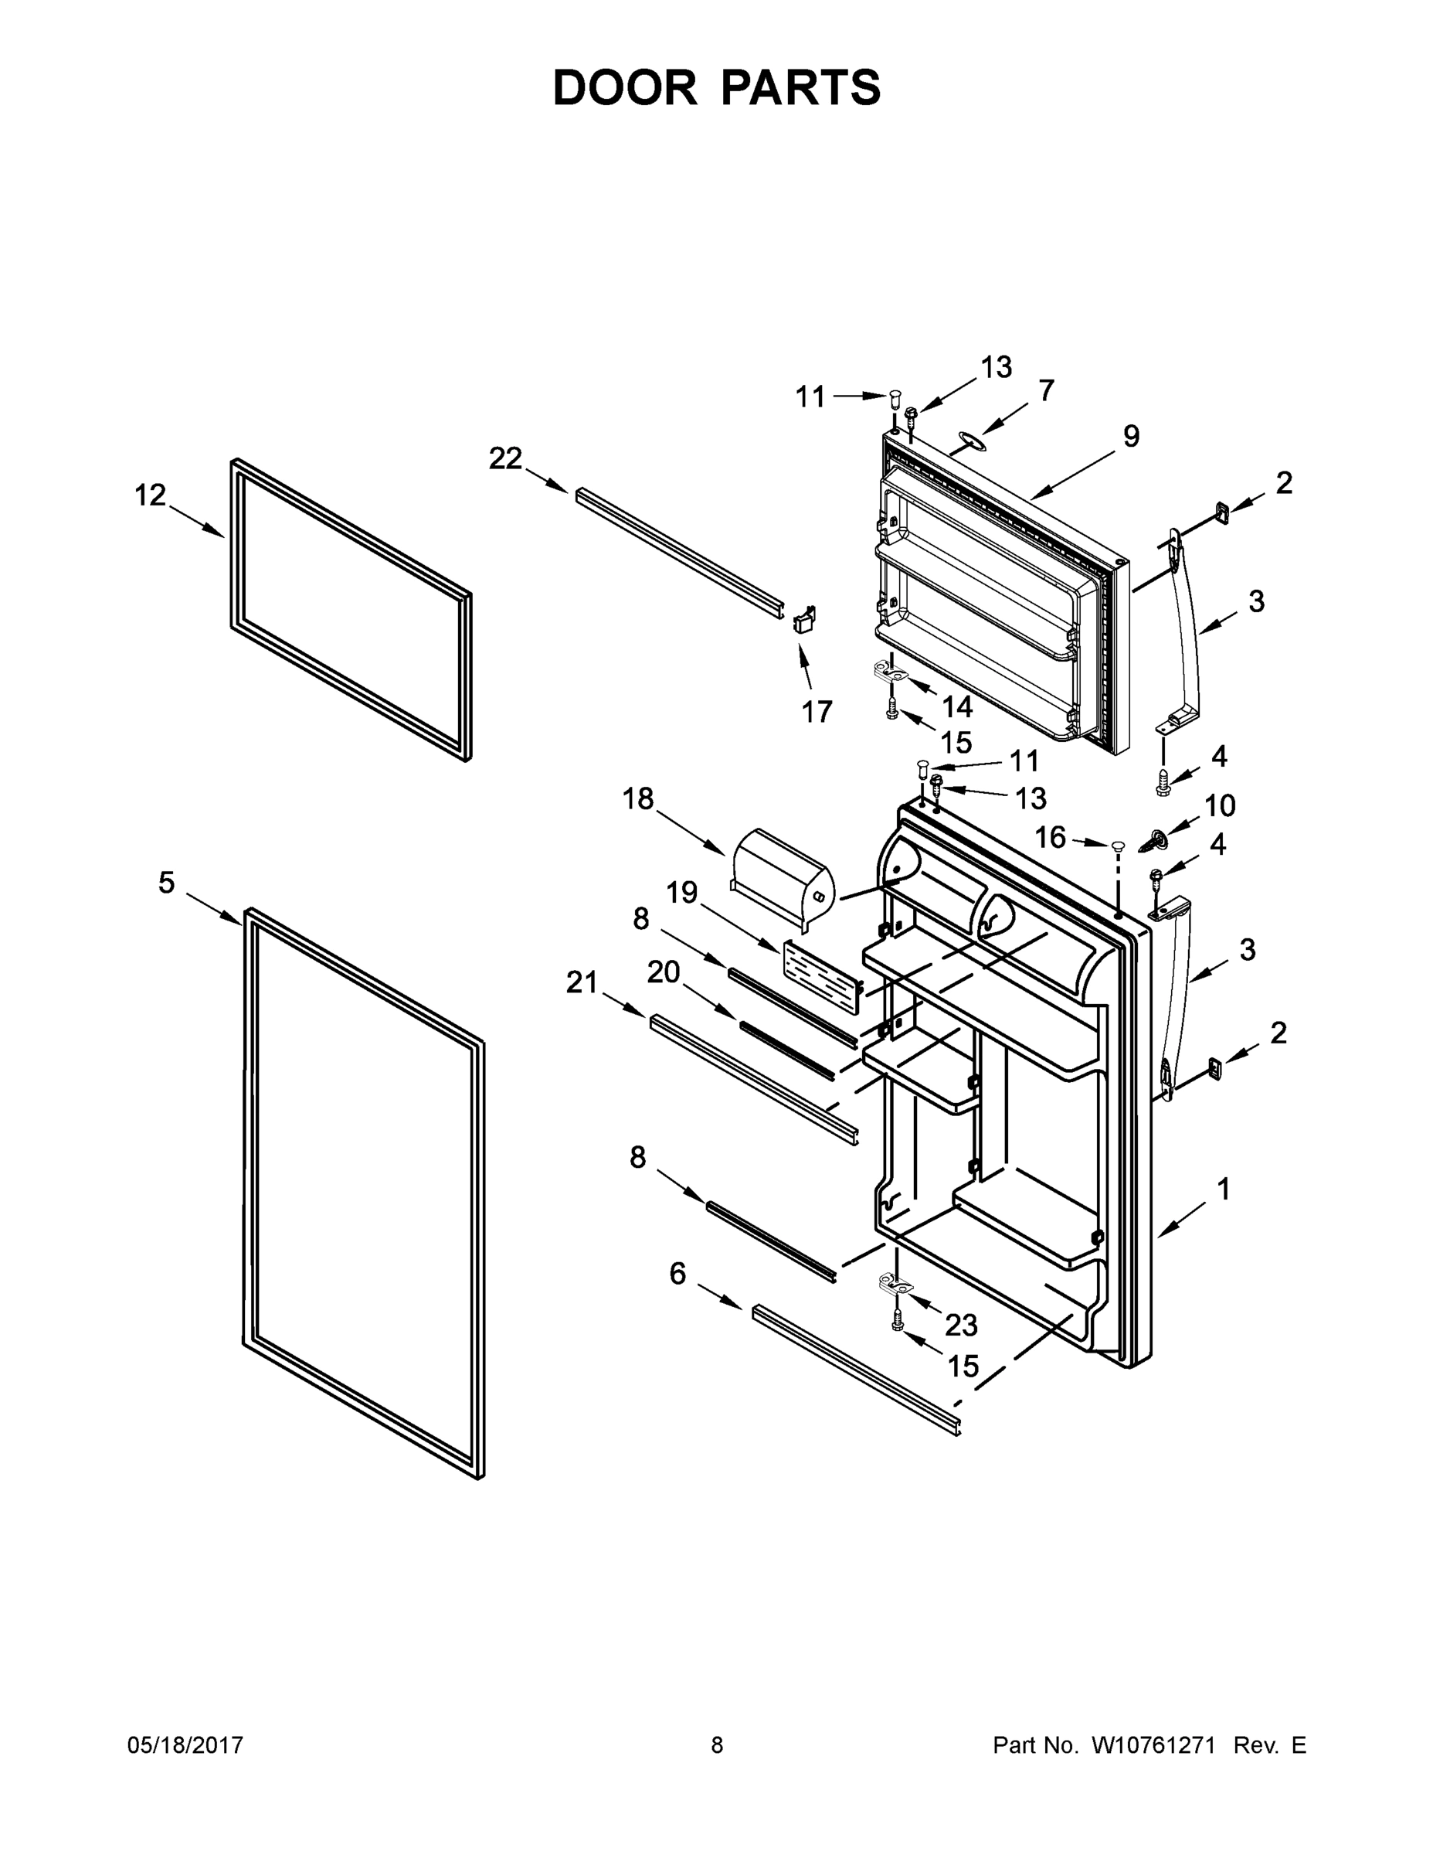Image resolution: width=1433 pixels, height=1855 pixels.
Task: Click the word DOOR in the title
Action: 625,87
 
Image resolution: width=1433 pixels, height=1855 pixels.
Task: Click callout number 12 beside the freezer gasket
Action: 151,495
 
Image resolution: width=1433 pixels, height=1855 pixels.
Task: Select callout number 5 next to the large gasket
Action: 166,883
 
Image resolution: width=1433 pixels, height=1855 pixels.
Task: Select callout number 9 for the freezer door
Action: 1131,437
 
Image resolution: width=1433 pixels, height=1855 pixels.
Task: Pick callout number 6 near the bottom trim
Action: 677,1273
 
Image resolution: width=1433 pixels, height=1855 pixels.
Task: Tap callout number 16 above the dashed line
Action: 1049,838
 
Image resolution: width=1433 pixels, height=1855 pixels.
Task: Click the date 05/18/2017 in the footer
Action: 185,1745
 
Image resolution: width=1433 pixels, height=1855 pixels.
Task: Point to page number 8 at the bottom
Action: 717,1745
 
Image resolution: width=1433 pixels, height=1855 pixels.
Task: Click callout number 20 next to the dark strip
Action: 663,972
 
